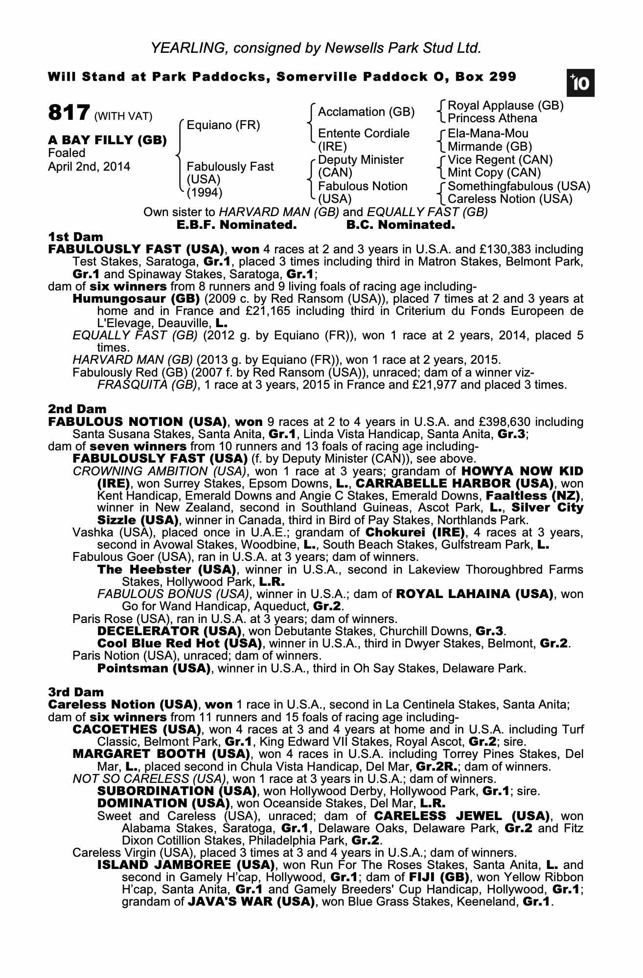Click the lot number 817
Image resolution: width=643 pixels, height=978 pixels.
pyautogui.click(x=69, y=112)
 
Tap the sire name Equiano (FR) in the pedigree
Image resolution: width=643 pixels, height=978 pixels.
pyautogui.click(x=223, y=125)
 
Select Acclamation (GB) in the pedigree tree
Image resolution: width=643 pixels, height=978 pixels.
pyautogui.click(x=366, y=112)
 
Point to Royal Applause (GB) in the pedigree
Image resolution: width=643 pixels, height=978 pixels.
pyautogui.click(x=505, y=106)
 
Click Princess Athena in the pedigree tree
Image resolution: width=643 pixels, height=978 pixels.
pyautogui.click(x=492, y=118)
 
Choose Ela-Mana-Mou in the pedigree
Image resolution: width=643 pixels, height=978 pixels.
pyautogui.click(x=488, y=133)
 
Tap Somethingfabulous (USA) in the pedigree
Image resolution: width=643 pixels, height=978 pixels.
pyautogui.click(x=519, y=186)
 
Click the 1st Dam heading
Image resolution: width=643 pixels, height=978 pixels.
pyautogui.click(x=75, y=237)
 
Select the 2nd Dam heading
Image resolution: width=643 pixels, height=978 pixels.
pyautogui.click(x=77, y=409)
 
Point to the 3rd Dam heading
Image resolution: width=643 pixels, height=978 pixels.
pyautogui.click(x=76, y=692)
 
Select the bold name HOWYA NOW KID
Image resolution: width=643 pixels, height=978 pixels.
pyautogui.click(x=522, y=471)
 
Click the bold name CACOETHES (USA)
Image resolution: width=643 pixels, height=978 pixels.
pyautogui.click(x=137, y=730)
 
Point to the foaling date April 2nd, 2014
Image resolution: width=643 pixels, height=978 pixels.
pyautogui.click(x=89, y=167)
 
